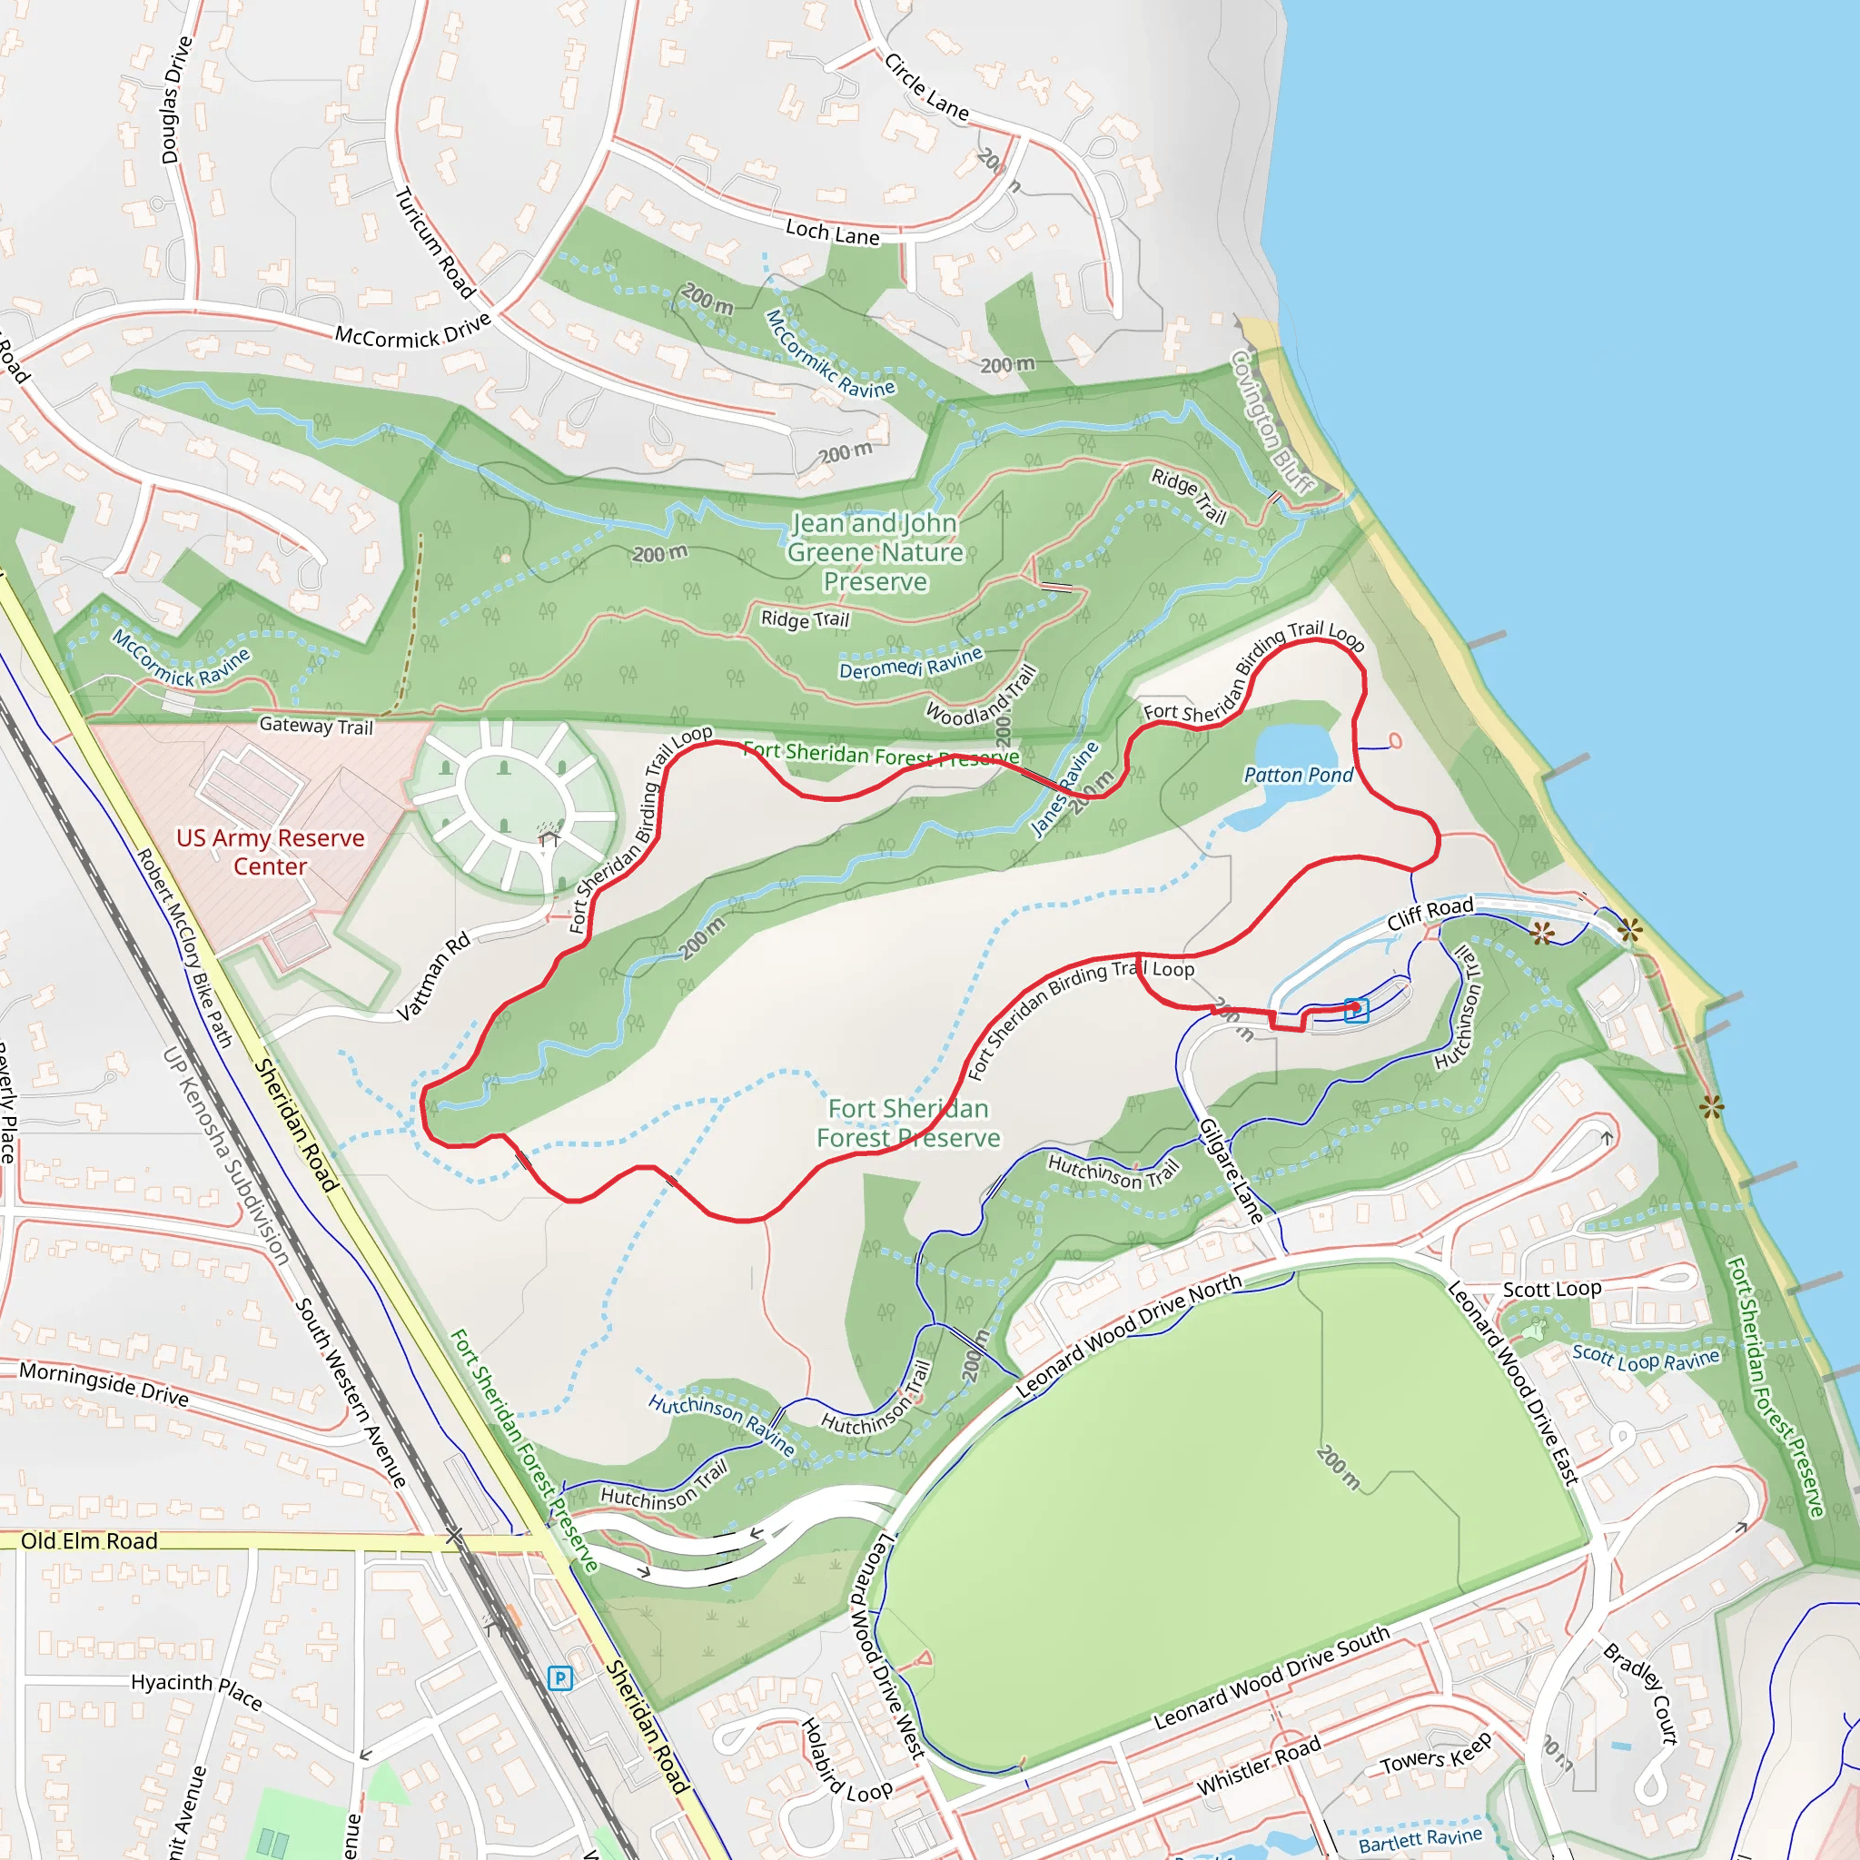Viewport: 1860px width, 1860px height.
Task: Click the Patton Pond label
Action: pyautogui.click(x=1298, y=775)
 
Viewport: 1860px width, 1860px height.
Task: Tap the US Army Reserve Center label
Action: pyautogui.click(x=271, y=852)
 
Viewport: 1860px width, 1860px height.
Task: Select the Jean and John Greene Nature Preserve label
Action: pyautogui.click(x=876, y=552)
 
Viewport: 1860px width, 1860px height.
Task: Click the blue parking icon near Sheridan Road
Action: pyautogui.click(x=559, y=1679)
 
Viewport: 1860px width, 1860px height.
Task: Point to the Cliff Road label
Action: pyautogui.click(x=1430, y=914)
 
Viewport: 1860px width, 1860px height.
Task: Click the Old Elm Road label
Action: pyautogui.click(x=90, y=1541)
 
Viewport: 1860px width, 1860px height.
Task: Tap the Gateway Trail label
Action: pyautogui.click(x=316, y=726)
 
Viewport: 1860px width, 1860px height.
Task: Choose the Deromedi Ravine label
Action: pyautogui.click(x=911, y=663)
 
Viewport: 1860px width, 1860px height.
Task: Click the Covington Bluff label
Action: pyautogui.click(x=1272, y=421)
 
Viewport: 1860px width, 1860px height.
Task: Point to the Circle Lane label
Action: pyautogui.click(x=926, y=87)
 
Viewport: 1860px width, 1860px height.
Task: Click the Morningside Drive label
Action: pyautogui.click(x=104, y=1383)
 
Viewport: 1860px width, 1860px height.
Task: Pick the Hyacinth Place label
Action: pyautogui.click(x=196, y=1689)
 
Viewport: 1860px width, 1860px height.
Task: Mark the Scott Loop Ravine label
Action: pyautogui.click(x=1646, y=1358)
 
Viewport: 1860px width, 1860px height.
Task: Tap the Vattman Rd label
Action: pyautogui.click(x=433, y=975)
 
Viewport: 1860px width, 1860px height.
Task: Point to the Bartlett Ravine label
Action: pyautogui.click(x=1420, y=1840)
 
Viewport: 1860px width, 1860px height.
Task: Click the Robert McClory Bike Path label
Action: pyautogui.click(x=185, y=948)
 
